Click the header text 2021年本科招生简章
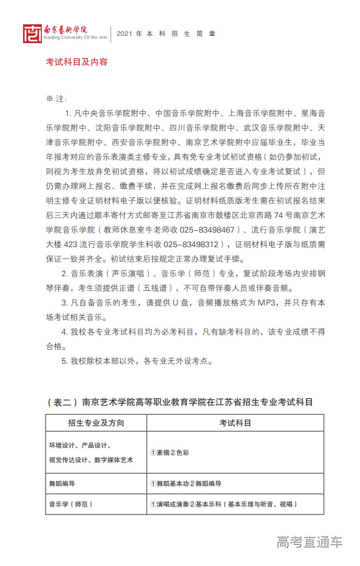[x=166, y=34]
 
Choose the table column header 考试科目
[x=235, y=422]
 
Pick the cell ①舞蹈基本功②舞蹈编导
[x=185, y=484]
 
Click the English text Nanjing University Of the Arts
[x=76, y=38]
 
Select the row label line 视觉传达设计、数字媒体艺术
[x=91, y=460]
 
